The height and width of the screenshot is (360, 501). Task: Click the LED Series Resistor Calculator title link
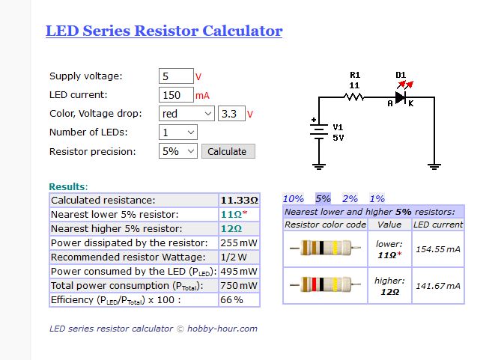point(164,31)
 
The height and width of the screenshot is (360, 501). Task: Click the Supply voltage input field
point(176,76)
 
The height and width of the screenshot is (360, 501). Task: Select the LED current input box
point(176,95)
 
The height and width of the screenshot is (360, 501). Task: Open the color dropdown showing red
point(186,114)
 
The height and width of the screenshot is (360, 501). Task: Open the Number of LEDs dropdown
point(178,132)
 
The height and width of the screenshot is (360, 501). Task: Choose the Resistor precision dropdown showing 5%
point(178,151)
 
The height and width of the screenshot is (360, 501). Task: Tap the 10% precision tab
point(293,198)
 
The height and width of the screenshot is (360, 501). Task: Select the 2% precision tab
point(350,198)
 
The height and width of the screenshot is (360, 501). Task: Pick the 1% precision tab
point(377,198)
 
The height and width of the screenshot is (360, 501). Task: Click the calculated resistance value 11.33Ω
point(239,201)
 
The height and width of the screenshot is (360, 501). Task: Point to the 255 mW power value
point(239,243)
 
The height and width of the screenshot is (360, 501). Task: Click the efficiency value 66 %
point(231,300)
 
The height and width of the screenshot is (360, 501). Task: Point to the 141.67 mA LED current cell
point(438,285)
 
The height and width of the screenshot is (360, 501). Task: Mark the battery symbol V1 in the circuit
point(319,132)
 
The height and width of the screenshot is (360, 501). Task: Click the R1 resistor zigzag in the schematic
point(354,97)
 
